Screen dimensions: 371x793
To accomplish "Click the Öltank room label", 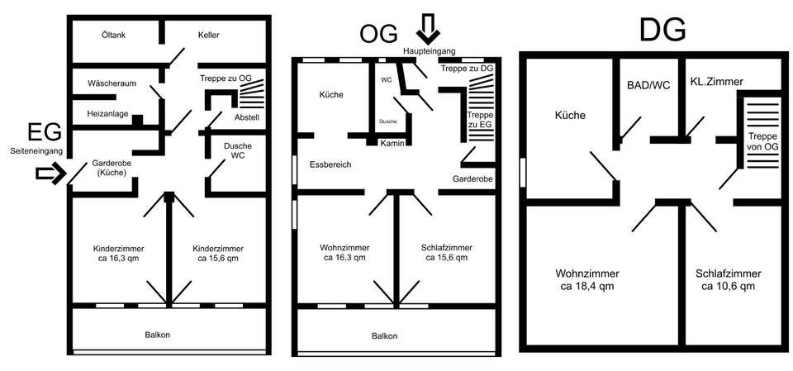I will tap(113, 35).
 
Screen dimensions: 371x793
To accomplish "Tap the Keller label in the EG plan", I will tap(208, 35).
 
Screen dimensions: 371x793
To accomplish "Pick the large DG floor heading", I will tap(662, 30).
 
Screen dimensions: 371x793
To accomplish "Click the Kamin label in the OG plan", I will tap(391, 143).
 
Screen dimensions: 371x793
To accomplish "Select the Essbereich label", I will tap(330, 164).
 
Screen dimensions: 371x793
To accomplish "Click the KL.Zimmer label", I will tap(717, 82).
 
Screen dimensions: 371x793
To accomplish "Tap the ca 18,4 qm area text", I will tap(587, 287).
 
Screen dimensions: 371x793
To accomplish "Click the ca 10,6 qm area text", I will tap(728, 287).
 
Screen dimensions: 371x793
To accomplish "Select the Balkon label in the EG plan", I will tap(170, 335).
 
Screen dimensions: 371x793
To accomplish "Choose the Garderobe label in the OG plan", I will tap(472, 178).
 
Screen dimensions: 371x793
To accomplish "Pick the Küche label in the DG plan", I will tap(570, 116).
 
